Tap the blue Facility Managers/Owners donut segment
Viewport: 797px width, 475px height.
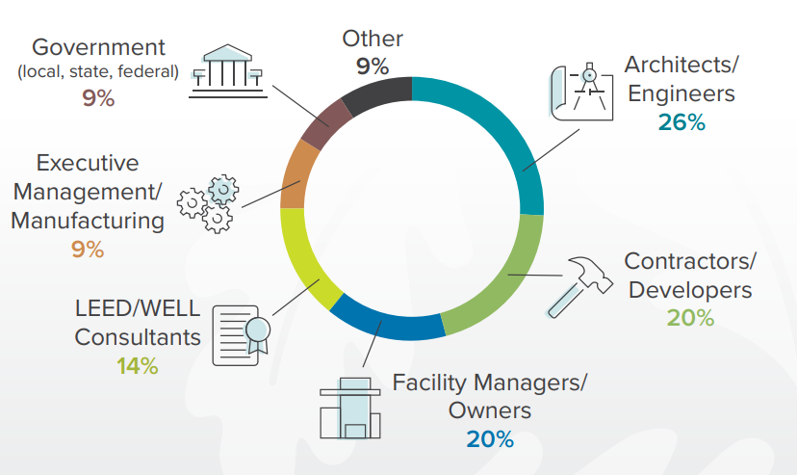[x=385, y=324]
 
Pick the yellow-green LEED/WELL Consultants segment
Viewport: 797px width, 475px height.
[x=304, y=260]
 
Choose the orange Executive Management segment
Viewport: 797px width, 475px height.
[x=295, y=177]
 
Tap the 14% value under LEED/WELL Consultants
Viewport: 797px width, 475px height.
[x=137, y=366]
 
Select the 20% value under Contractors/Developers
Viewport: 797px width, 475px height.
[x=689, y=317]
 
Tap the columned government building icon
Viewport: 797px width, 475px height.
[x=228, y=67]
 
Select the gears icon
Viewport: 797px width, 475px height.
[x=208, y=203]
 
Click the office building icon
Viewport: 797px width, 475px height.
[x=349, y=410]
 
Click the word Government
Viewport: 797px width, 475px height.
[x=98, y=46]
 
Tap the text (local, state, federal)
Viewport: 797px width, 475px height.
[x=98, y=71]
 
